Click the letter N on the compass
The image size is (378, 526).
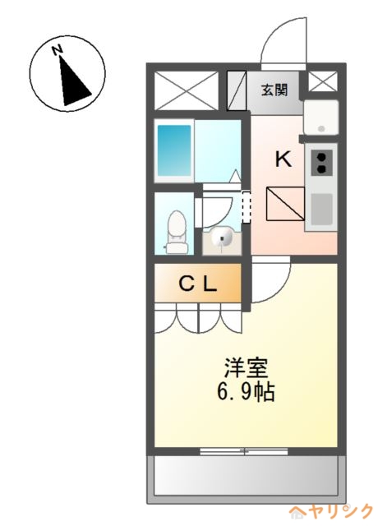[x=58, y=49]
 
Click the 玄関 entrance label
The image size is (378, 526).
[x=274, y=90]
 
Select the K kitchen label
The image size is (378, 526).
[x=283, y=159]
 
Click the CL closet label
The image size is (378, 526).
[x=198, y=284]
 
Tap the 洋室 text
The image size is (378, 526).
[x=247, y=369]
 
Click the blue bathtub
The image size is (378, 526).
[x=174, y=150]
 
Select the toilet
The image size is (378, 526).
[x=176, y=232]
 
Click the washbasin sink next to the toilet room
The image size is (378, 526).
[x=221, y=238]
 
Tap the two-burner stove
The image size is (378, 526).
[x=321, y=163]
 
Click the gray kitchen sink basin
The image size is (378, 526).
[x=321, y=210]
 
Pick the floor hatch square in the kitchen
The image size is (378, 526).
[x=285, y=204]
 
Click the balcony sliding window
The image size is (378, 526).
[x=244, y=451]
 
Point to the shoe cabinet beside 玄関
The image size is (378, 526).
[x=237, y=90]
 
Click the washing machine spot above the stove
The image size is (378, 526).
[x=321, y=118]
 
